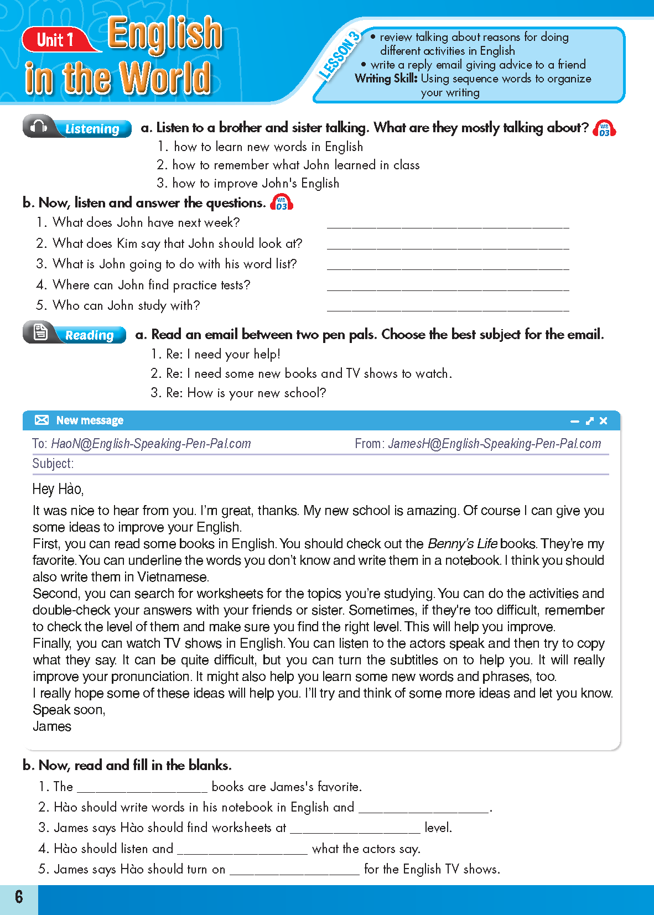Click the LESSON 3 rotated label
point(339,56)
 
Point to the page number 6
point(19,896)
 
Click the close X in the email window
point(604,421)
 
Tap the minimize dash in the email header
point(575,422)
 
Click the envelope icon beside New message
point(41,420)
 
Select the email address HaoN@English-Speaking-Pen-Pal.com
point(150,444)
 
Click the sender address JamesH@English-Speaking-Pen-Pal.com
point(494,444)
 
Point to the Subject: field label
point(53,464)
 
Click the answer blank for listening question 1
point(448,223)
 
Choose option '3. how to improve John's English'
point(248,183)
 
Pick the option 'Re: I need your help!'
point(216,354)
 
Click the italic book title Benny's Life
point(463,544)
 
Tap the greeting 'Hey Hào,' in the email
point(58,489)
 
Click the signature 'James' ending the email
point(52,726)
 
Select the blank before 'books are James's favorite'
point(142,788)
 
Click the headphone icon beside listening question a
point(604,128)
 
